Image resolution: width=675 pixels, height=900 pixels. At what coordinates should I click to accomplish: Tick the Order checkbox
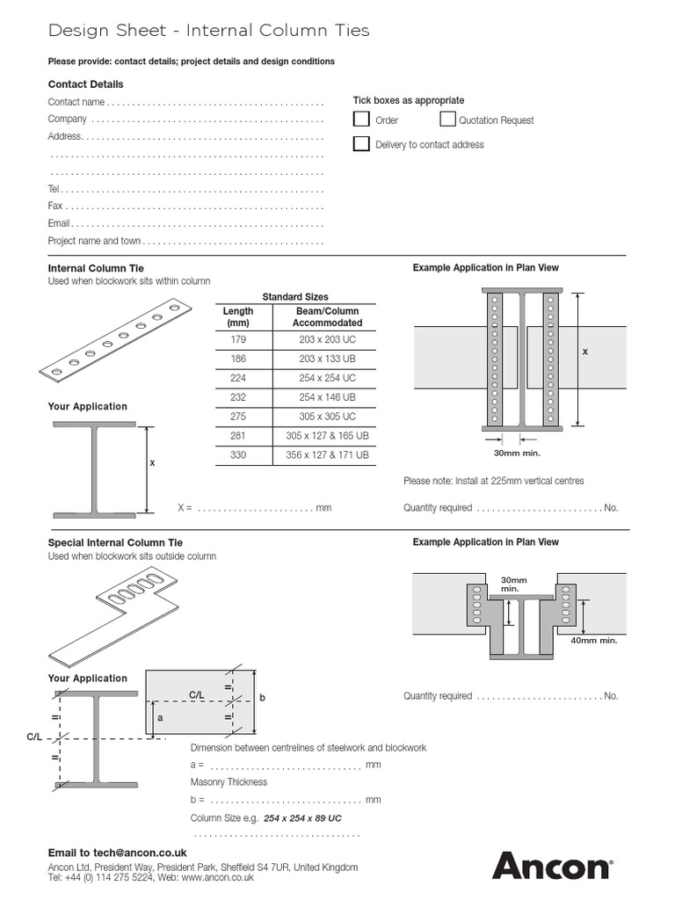(x=361, y=120)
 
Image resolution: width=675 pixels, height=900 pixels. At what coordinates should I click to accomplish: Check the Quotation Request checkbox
(x=447, y=120)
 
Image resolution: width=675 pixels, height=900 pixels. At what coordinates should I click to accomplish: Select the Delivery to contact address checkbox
(x=361, y=144)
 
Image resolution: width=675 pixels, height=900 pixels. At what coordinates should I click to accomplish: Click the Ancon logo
(x=551, y=865)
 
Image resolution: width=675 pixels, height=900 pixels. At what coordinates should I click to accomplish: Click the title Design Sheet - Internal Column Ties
(x=208, y=31)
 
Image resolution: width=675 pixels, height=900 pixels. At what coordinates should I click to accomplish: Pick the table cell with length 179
(x=238, y=339)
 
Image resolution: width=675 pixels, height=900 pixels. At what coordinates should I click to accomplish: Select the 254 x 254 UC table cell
(x=327, y=378)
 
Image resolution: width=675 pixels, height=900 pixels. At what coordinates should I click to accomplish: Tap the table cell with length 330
(x=238, y=455)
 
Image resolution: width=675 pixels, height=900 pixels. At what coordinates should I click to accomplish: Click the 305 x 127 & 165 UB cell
(x=327, y=436)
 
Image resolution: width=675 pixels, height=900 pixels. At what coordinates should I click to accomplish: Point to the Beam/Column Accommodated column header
(x=327, y=316)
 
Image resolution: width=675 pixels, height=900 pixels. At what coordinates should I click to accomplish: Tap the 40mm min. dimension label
(x=593, y=641)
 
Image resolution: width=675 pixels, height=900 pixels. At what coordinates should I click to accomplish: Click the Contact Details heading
(x=85, y=84)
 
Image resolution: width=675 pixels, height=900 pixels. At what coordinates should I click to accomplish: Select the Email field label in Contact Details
(x=59, y=223)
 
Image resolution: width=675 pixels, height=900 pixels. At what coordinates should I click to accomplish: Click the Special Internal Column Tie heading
(x=115, y=543)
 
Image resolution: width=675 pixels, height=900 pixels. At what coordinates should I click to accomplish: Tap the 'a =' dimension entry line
(x=286, y=766)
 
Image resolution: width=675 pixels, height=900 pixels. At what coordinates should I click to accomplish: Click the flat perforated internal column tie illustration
(x=117, y=340)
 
